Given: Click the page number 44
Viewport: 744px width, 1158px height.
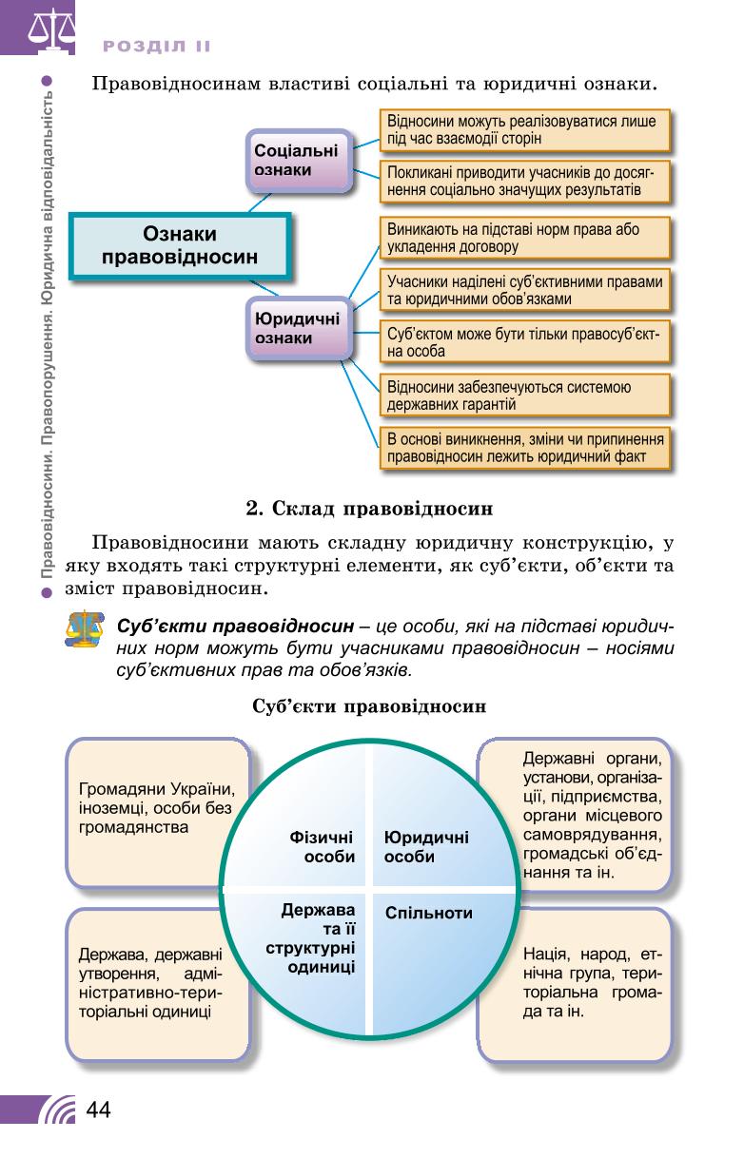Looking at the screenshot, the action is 98,1110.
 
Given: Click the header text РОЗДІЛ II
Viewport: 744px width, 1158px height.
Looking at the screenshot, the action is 157,47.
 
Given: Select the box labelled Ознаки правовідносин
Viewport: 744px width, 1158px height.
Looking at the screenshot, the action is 180,246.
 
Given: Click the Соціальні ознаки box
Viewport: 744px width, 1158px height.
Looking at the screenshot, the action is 299,161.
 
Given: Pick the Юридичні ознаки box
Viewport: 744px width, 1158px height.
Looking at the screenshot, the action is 299,329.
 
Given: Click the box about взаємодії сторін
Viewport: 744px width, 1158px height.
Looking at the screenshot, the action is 524,130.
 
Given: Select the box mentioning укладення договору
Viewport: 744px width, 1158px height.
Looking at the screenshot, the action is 524,238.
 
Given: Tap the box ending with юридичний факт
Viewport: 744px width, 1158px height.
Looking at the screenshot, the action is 526,448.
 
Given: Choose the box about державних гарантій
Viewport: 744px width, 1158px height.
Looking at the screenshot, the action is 524,396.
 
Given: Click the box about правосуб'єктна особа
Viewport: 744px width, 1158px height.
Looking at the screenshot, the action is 524,342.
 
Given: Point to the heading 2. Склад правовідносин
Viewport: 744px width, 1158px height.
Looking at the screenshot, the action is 369,509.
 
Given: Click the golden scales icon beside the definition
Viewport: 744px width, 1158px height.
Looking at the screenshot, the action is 85,629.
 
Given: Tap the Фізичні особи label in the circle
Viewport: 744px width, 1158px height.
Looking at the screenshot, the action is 322,847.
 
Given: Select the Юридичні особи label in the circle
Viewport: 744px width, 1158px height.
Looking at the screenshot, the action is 426,847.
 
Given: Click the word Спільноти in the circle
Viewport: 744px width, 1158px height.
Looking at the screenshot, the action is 428,913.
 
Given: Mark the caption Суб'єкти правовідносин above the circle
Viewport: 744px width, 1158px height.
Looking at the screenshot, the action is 369,706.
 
